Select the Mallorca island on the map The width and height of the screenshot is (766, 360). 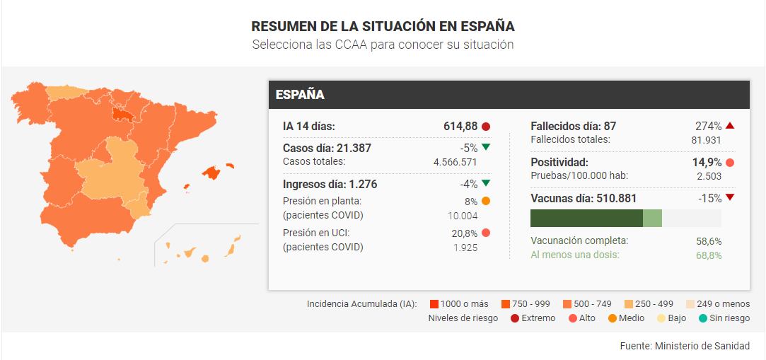pyautogui.click(x=212, y=172)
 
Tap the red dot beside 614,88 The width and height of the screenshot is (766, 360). pyautogui.click(x=486, y=127)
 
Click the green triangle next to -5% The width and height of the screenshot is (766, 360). pyautogui.click(x=486, y=147)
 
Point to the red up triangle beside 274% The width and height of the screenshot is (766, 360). pyautogui.click(x=730, y=126)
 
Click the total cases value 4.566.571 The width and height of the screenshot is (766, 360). pyautogui.click(x=455, y=162)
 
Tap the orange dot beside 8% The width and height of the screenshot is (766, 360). pyautogui.click(x=486, y=201)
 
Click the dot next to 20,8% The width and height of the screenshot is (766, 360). pyautogui.click(x=486, y=233)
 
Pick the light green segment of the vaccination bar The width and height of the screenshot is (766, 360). pyautogui.click(x=652, y=219)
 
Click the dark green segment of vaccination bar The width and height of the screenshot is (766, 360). pyautogui.click(x=587, y=219)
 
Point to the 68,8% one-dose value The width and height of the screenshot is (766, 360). pyautogui.click(x=709, y=255)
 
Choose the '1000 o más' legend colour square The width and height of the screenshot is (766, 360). pyautogui.click(x=434, y=304)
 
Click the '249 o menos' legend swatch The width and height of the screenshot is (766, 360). pyautogui.click(x=690, y=304)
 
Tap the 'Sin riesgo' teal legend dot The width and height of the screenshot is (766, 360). pyautogui.click(x=703, y=318)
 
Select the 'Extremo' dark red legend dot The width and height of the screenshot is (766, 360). pyautogui.click(x=515, y=318)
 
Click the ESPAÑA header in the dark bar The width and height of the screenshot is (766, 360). pyautogui.click(x=300, y=95)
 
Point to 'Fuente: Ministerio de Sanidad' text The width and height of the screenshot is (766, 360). pyautogui.click(x=685, y=346)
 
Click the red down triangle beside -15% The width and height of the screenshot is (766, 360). pyautogui.click(x=730, y=198)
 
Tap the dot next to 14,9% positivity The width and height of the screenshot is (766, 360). pyautogui.click(x=730, y=163)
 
